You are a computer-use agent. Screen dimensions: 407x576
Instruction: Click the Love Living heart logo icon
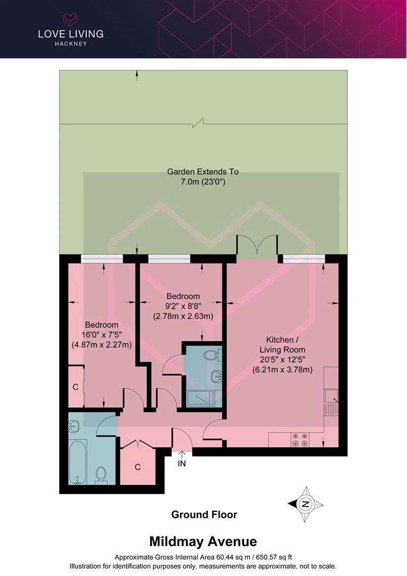pos(70,20)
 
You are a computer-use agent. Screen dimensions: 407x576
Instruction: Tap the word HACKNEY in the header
pos(71,44)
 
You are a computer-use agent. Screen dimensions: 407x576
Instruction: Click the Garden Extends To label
pos(202,172)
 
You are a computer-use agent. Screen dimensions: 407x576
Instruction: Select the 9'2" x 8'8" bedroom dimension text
pos(183,306)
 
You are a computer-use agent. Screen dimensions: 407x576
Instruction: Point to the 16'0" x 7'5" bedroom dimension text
pos(102,334)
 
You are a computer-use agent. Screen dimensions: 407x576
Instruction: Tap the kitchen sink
pos(331,403)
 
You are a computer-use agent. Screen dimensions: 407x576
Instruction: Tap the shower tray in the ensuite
pos(200,398)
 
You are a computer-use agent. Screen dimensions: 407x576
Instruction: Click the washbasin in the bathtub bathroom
pos(74,427)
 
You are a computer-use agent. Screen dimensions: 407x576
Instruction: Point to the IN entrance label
pos(182,463)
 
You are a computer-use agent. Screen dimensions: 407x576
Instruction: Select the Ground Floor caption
pos(204,515)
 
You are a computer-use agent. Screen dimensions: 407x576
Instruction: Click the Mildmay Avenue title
pos(203,541)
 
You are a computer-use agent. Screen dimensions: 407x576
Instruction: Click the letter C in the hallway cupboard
pos(137,467)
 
